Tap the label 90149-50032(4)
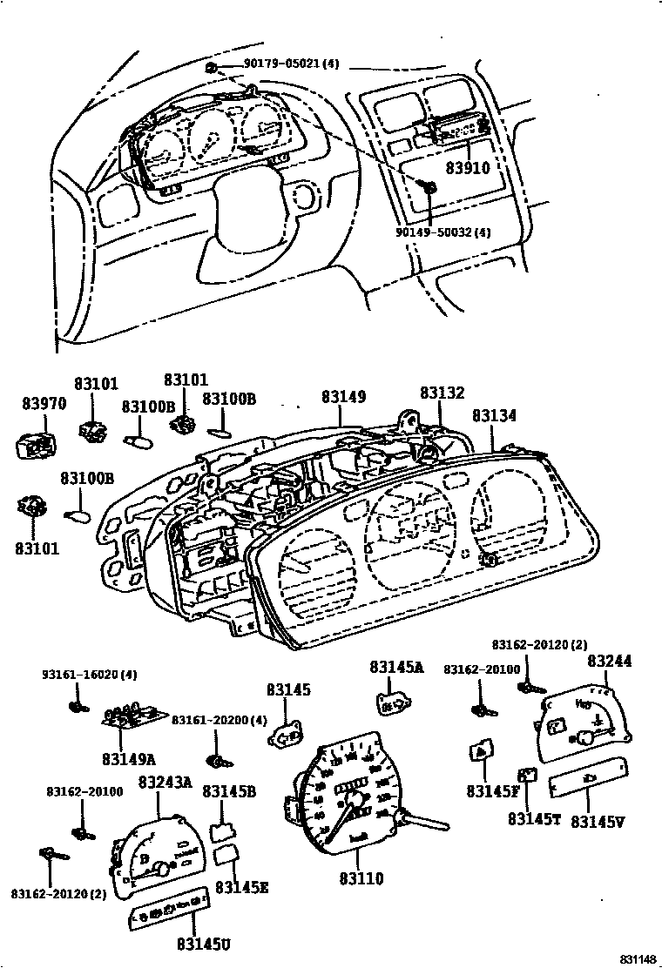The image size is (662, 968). coord(442,232)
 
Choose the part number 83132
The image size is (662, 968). coord(442,393)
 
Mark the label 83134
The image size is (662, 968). coord(494,416)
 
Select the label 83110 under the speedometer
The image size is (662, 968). coord(361,878)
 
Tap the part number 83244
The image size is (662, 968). coord(609,661)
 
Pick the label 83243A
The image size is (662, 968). coord(165,782)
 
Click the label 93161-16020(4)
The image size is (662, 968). coord(90,675)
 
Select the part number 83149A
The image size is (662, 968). coord(128,758)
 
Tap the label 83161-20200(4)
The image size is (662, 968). coord(219,720)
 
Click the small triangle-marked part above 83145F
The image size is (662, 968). coord(480,750)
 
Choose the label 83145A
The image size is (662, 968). coord(395,668)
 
